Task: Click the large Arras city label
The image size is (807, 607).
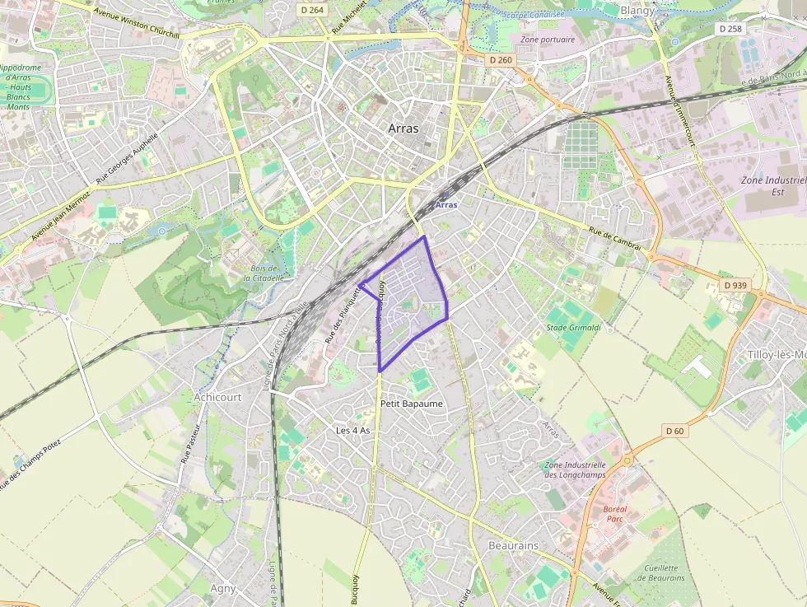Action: pos(403,128)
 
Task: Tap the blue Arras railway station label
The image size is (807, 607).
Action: pos(445,204)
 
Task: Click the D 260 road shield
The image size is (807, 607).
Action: pos(500,60)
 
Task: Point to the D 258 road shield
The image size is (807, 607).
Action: pos(730,28)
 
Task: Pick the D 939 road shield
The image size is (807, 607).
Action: pos(735,285)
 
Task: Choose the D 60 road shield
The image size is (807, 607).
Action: pos(674,431)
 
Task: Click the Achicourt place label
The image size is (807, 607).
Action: pos(217,396)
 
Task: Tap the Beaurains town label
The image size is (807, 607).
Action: pos(513,545)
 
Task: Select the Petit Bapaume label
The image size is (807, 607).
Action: pos(412,404)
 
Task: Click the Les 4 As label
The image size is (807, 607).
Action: pos(352,431)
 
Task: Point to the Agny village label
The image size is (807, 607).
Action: pos(222,588)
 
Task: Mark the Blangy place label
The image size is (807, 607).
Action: pos(637,11)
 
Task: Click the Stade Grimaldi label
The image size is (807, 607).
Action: pos(573,327)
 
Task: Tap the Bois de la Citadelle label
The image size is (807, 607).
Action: pos(264,273)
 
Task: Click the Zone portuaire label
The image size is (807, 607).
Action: pos(548,39)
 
